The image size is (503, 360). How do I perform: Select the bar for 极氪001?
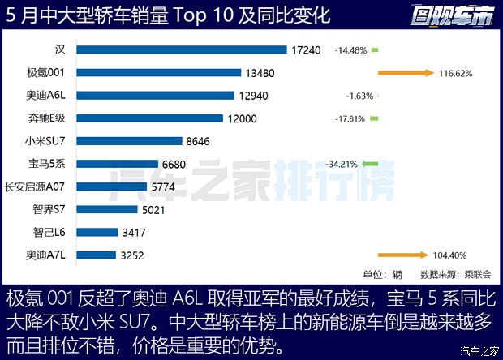[159, 72]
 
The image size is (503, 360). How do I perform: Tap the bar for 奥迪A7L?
[96, 255]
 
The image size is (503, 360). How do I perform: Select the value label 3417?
[137, 232]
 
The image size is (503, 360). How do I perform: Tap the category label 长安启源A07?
[37, 186]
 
